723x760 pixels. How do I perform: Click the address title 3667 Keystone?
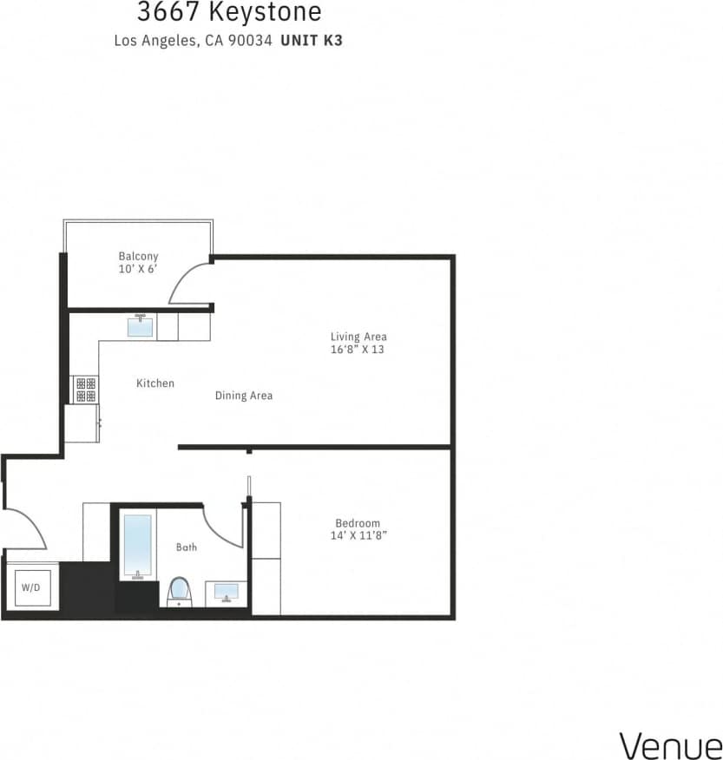(229, 13)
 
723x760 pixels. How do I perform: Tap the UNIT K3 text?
(312, 40)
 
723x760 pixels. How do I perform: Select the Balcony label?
(138, 256)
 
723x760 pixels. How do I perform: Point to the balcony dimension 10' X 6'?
(138, 270)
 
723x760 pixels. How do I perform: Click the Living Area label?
(358, 337)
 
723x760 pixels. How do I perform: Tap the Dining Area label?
(244, 396)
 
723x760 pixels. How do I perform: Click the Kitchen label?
(155, 383)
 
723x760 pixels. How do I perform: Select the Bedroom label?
(358, 523)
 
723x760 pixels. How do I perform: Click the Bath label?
(187, 547)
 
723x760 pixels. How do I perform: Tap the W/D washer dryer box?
(30, 587)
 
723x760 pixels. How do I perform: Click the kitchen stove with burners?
(85, 389)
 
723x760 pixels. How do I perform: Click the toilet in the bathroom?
(179, 591)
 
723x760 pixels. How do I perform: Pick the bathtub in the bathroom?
(137, 546)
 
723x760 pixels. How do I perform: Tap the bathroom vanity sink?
(227, 593)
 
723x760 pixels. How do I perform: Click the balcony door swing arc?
(187, 282)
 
